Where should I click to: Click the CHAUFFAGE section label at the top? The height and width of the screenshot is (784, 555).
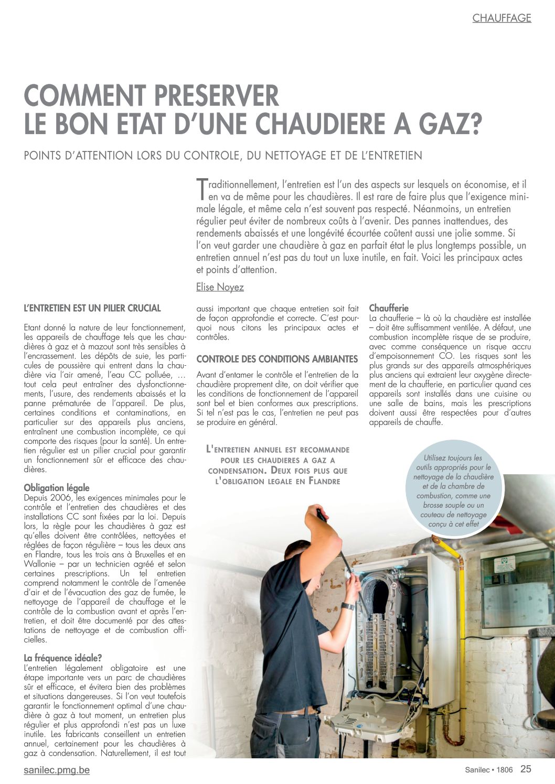(x=501, y=18)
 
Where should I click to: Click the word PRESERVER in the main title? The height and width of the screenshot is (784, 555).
(x=218, y=96)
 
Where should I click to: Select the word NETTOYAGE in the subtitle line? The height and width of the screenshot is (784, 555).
(x=293, y=156)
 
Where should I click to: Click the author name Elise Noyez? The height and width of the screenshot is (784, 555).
(x=220, y=287)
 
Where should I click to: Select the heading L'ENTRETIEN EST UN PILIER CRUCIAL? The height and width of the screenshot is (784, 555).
(x=92, y=308)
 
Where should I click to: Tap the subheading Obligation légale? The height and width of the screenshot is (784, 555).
(x=57, y=488)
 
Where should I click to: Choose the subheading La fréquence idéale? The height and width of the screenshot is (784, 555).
(x=63, y=658)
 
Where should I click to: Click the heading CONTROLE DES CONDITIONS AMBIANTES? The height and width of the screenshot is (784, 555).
(x=277, y=359)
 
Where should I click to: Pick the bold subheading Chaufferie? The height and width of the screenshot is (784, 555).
(x=389, y=308)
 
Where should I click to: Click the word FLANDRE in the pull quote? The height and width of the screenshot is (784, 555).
(x=325, y=481)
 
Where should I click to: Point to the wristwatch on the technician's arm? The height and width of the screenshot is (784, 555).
(x=348, y=606)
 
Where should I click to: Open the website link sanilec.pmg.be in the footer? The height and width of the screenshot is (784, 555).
(x=57, y=770)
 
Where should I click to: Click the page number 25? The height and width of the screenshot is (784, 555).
(x=526, y=769)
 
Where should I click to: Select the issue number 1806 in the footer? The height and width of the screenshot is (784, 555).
(x=504, y=770)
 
